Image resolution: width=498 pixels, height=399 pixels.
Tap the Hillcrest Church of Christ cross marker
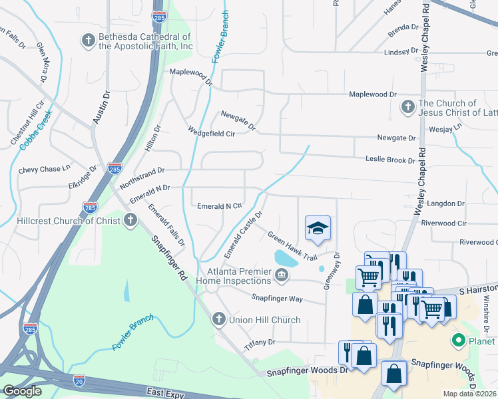[130, 219]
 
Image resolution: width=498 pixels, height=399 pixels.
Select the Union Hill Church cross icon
[218, 320]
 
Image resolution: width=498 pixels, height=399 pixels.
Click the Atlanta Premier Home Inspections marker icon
[282, 275]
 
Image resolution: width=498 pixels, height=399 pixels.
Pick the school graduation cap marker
[318, 229]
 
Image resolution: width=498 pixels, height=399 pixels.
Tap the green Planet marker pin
[458, 342]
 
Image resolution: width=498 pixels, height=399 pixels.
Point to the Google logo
[22, 391]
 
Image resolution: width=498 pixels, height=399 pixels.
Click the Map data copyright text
[469, 394]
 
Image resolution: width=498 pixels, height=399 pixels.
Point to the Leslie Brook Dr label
[390, 160]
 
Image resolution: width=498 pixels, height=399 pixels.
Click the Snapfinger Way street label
[276, 299]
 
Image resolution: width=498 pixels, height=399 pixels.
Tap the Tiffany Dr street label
[260, 342]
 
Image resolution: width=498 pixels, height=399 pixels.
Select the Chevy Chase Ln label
[44, 170]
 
